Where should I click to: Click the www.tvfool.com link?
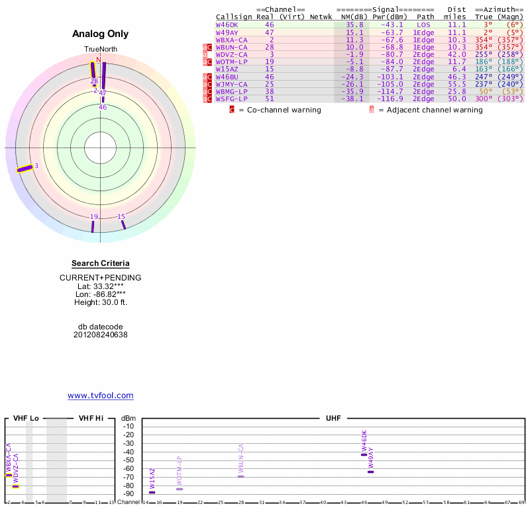[100, 396]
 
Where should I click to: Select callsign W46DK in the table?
[227, 24]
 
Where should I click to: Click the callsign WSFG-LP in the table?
[231, 99]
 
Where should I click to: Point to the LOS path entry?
[423, 24]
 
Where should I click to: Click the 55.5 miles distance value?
[456, 84]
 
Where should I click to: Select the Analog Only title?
[100, 34]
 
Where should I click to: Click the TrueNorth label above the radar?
[100, 50]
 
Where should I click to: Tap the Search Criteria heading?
[100, 263]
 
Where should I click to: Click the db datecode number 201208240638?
[100, 335]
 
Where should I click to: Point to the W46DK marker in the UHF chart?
[364, 454]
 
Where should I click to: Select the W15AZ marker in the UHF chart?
[152, 492]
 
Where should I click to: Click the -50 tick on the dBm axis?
[129, 460]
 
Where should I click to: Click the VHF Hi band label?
[91, 419]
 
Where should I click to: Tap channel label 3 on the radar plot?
[36, 165]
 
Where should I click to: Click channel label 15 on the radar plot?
[121, 217]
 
